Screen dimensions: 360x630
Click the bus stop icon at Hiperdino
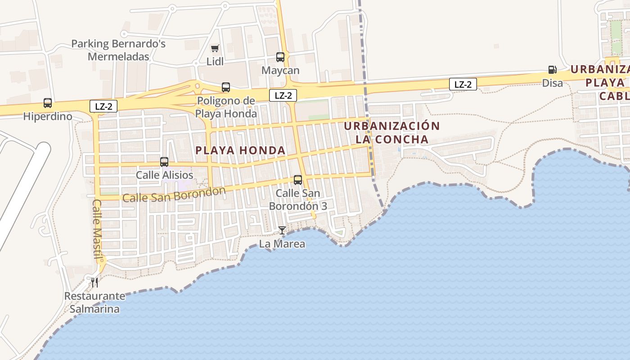(x=48, y=103)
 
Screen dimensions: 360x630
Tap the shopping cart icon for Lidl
(x=215, y=48)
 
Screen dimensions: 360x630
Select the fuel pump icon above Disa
(x=552, y=70)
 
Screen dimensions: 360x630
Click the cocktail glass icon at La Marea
(x=282, y=230)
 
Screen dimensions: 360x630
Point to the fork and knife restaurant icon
(x=94, y=282)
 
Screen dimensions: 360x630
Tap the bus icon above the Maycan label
(x=280, y=57)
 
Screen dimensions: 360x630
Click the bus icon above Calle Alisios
(x=164, y=162)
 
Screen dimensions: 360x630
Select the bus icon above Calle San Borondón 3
(x=298, y=180)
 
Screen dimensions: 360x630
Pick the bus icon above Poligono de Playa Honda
(x=226, y=87)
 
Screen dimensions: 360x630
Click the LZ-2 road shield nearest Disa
(x=463, y=84)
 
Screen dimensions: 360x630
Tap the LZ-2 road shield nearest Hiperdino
(x=103, y=107)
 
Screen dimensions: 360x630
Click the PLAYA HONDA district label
(x=241, y=150)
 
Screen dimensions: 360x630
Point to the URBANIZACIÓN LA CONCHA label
(x=391, y=132)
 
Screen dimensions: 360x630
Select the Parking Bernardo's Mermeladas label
(x=119, y=50)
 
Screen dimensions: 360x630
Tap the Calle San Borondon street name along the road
(x=174, y=195)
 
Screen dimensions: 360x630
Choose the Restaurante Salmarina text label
(x=94, y=302)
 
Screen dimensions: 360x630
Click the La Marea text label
(x=282, y=244)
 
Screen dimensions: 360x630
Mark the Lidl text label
(x=215, y=62)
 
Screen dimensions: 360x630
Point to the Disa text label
(x=552, y=83)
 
